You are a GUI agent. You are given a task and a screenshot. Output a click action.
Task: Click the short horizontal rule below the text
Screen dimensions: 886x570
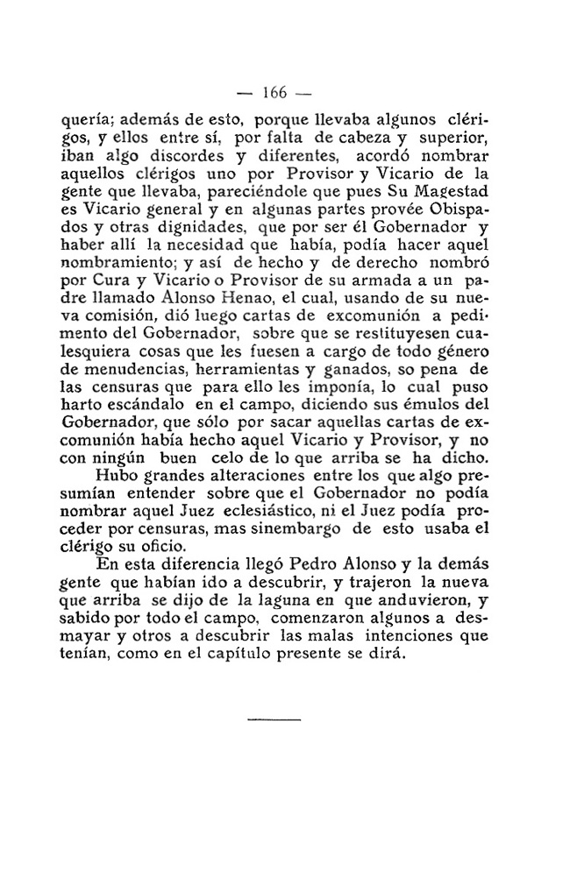pyautogui.click(x=274, y=720)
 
